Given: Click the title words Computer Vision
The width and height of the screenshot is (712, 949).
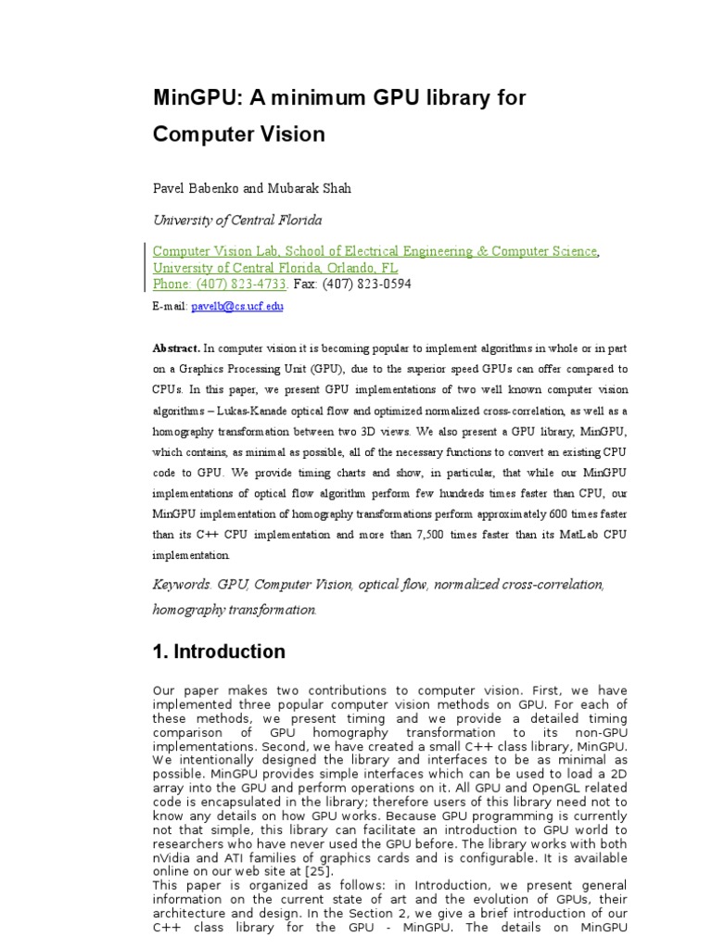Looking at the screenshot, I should click(x=238, y=134).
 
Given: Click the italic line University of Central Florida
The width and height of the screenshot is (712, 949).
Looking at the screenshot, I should click(x=237, y=220).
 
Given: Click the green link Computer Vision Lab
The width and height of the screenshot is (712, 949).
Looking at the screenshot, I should click(x=214, y=251).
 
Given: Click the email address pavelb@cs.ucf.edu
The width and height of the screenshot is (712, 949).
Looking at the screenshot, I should click(x=237, y=306).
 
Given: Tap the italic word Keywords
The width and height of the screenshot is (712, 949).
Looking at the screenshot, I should click(x=183, y=585).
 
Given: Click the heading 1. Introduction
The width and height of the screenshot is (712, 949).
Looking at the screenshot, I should click(x=219, y=652).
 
